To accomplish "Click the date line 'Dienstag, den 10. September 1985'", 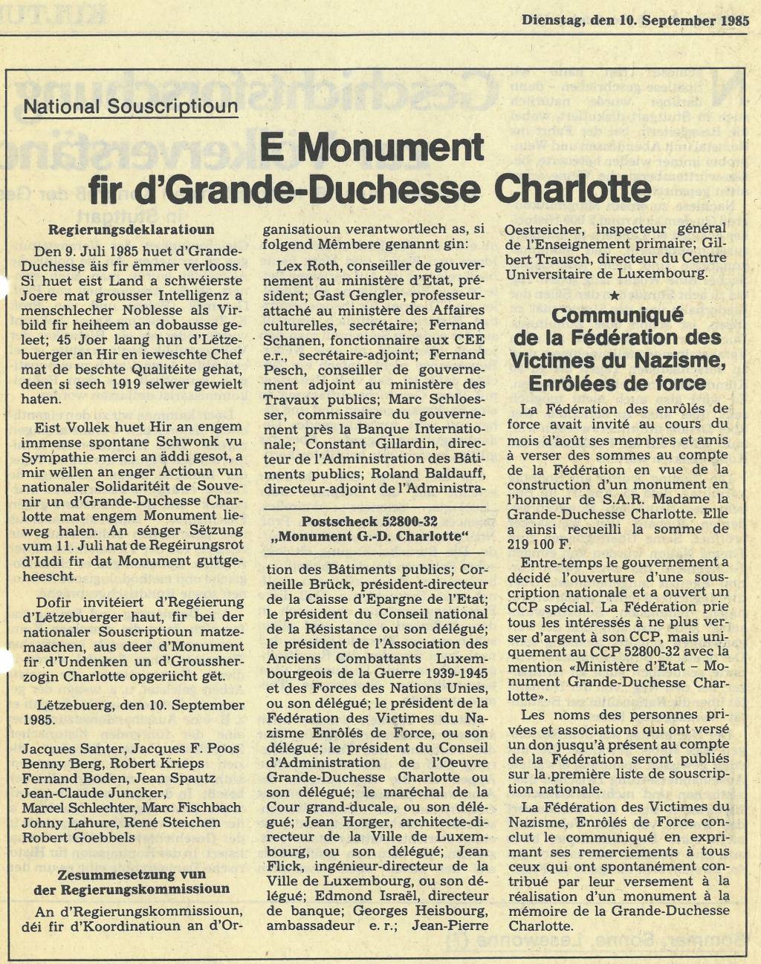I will pos(635,21).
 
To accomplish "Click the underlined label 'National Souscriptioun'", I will pos(131,106).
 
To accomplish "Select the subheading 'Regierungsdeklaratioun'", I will pos(131,229).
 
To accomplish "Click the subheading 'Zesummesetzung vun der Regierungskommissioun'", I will pos(132,882).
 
